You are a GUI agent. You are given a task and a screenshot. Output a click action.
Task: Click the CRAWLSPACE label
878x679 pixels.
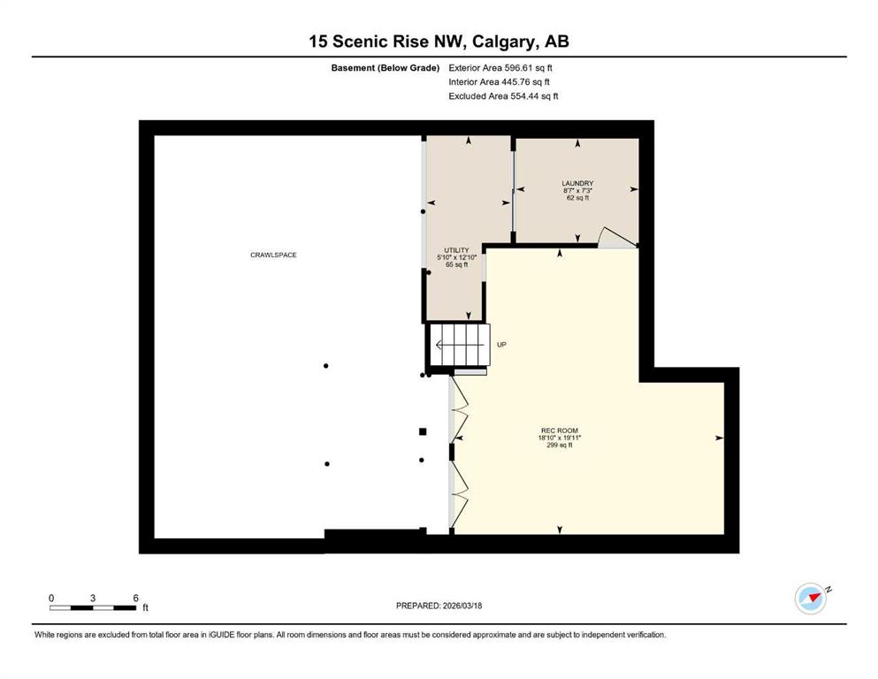pos(273,255)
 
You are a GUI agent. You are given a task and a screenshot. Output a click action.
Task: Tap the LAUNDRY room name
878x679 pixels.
pos(577,183)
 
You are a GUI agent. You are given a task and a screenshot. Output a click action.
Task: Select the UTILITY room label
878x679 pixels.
pos(456,250)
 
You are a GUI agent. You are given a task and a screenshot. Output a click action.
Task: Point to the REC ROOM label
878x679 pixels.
pos(560,431)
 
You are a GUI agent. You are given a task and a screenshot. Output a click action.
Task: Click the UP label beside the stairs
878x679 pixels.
pos(501,345)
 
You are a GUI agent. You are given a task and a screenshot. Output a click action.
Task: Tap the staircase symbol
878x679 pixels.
pos(459,345)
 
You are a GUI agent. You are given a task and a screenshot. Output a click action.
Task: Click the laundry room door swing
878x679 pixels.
pos(617,237)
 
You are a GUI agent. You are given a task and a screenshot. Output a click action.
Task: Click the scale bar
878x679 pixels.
pos(93,607)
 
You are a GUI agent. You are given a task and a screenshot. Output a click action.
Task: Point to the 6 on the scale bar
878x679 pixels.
pos(135,598)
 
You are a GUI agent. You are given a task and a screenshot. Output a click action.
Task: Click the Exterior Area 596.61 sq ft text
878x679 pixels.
pos(500,68)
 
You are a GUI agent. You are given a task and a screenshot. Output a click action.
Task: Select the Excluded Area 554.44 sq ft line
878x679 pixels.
pos(503,95)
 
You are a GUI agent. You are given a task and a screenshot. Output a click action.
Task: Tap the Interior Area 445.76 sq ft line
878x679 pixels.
pos(499,81)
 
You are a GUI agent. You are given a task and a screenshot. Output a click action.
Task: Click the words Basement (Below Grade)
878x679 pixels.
pos(386,68)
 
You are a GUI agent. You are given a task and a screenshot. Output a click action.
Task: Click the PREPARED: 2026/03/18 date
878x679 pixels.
pos(439,606)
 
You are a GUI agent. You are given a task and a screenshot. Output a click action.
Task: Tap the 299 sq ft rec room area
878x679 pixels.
pos(560,445)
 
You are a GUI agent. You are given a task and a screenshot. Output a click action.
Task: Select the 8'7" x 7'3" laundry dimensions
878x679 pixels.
pos(577,190)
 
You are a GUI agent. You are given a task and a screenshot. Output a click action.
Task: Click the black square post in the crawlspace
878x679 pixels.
pos(423,431)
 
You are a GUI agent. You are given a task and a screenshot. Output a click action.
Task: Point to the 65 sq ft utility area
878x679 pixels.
pos(456,264)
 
